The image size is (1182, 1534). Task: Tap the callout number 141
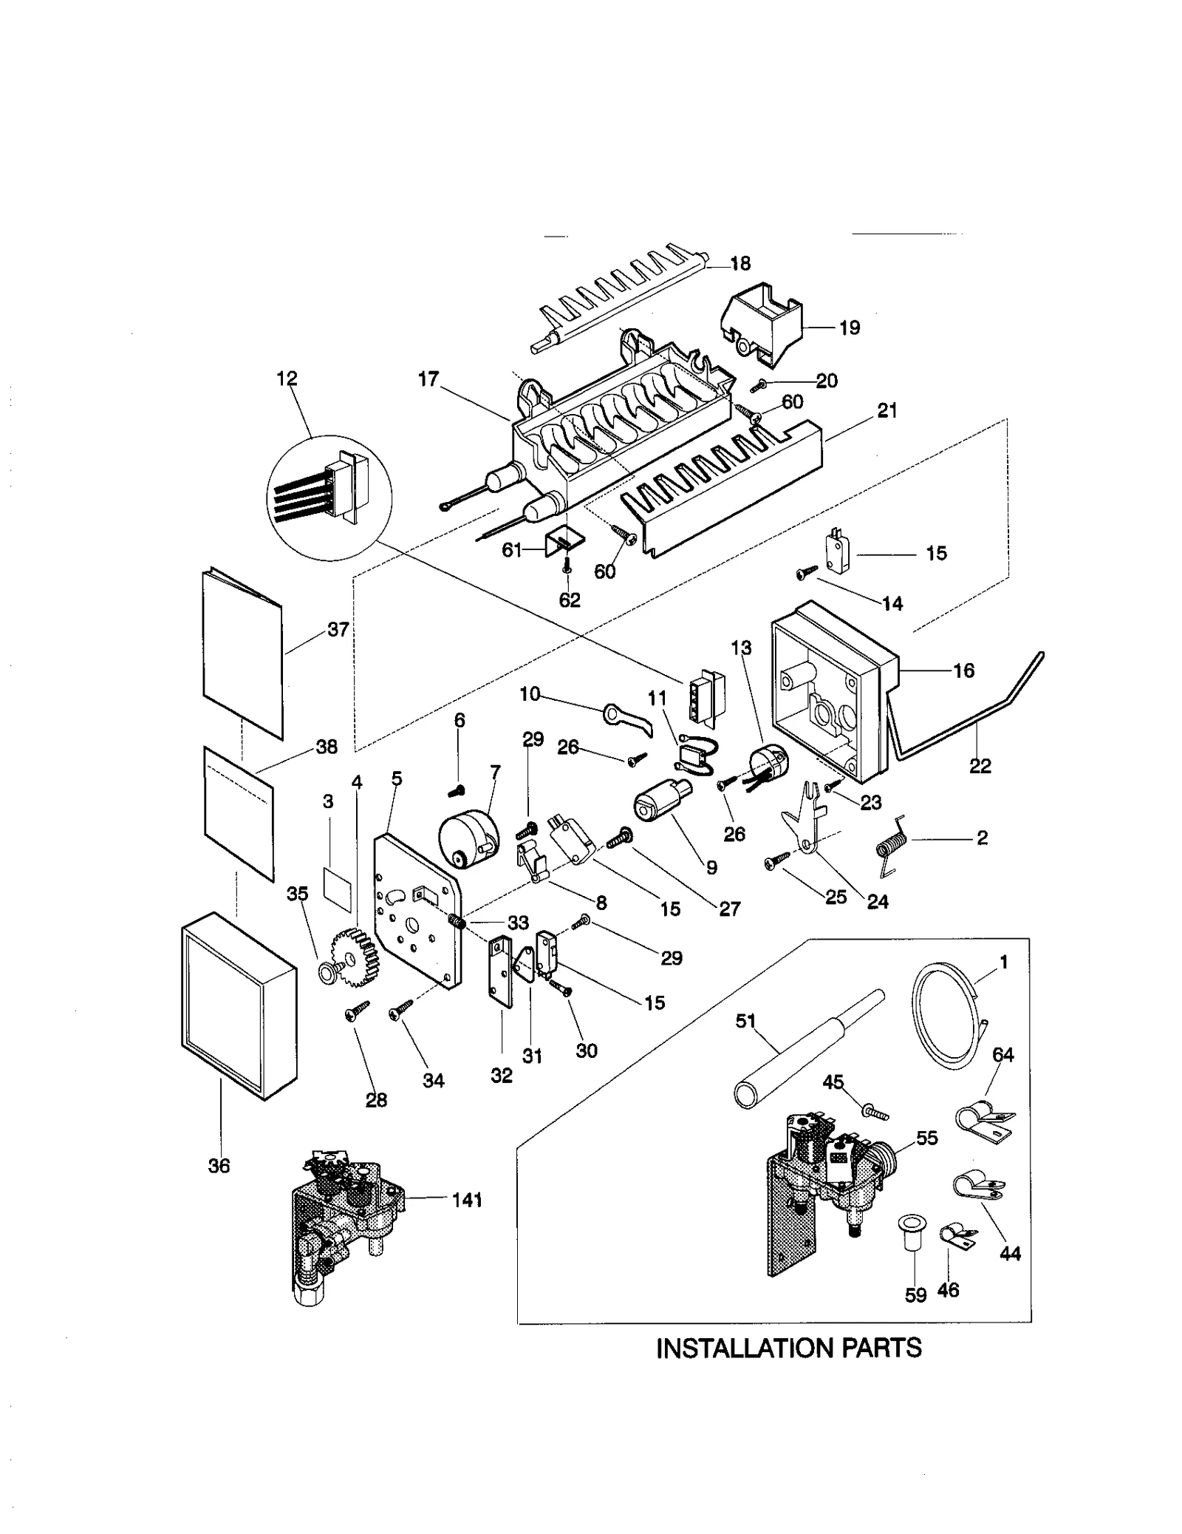click(x=467, y=1199)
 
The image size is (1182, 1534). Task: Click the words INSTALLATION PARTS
click(x=788, y=1348)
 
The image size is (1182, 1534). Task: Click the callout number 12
click(x=287, y=379)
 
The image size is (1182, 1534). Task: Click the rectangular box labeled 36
click(x=238, y=1005)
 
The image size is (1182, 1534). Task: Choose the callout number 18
click(x=740, y=264)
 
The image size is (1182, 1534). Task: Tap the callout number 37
click(x=338, y=630)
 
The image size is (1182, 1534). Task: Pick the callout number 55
click(x=926, y=1138)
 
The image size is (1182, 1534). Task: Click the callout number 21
click(x=886, y=411)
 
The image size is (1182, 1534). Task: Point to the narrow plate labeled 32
click(x=502, y=971)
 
